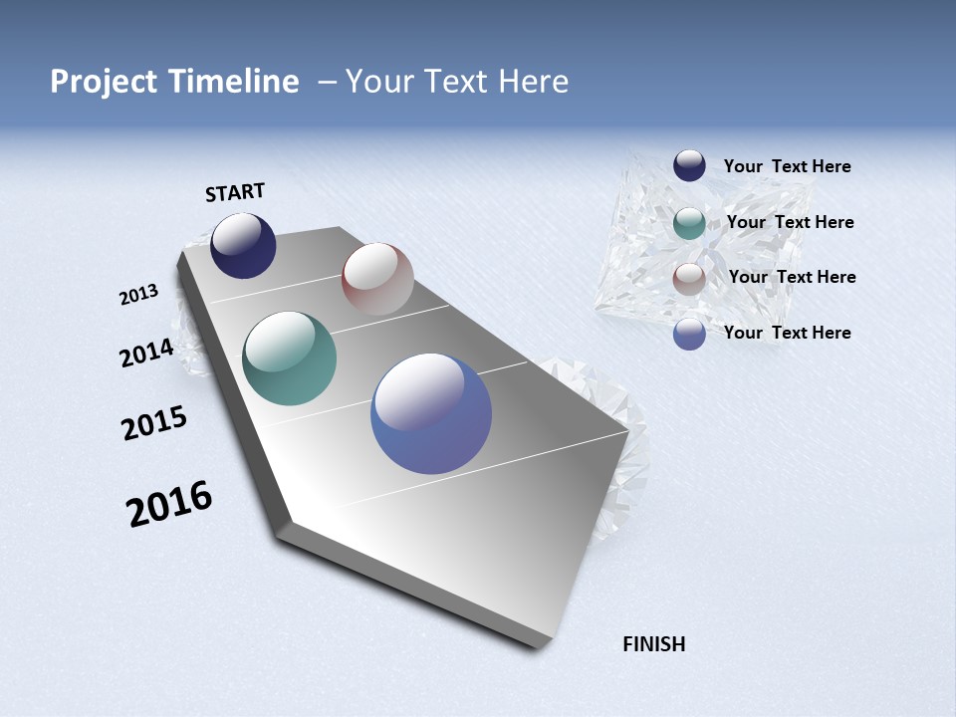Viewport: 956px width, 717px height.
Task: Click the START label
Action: click(x=235, y=192)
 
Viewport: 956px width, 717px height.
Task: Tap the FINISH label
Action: click(x=653, y=644)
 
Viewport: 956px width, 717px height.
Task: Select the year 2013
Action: click(x=138, y=295)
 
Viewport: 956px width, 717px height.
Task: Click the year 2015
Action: click(x=153, y=423)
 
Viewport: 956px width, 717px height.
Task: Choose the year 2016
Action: click(x=169, y=504)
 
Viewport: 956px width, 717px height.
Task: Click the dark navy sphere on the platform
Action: click(x=243, y=246)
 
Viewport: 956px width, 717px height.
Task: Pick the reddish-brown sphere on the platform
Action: click(x=377, y=279)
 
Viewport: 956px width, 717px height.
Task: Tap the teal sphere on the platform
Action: click(x=289, y=358)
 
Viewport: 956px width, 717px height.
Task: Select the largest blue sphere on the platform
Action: click(x=431, y=413)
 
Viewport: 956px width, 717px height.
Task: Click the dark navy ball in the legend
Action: click(x=689, y=166)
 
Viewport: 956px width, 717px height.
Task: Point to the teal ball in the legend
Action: click(x=689, y=223)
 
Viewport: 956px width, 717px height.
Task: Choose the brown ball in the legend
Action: click(x=689, y=279)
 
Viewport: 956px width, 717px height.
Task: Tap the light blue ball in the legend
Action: click(x=689, y=334)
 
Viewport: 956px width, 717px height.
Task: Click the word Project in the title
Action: click(x=105, y=82)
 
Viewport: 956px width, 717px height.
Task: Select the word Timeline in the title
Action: click(x=234, y=82)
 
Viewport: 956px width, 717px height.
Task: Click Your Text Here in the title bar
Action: click(x=456, y=82)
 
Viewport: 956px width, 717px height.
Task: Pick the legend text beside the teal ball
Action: click(x=790, y=222)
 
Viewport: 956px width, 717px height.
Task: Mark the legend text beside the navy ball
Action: click(x=787, y=166)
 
